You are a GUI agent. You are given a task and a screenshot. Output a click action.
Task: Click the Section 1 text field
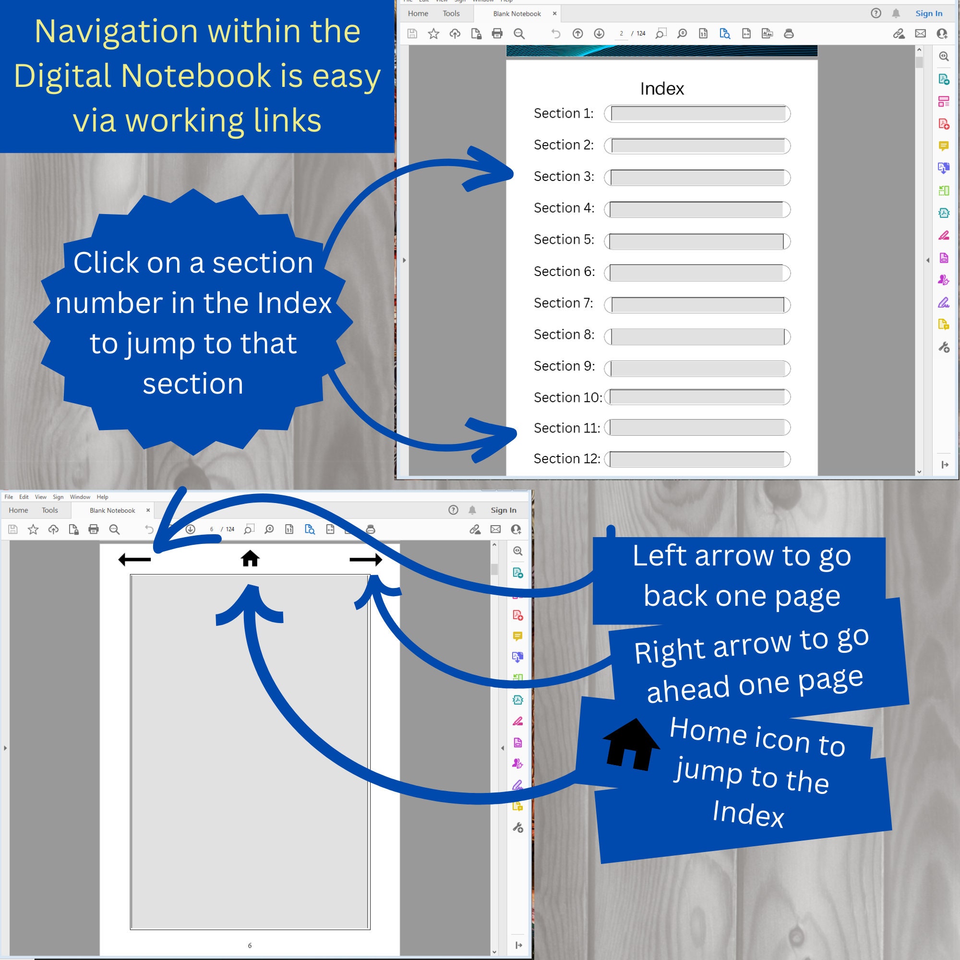pyautogui.click(x=697, y=114)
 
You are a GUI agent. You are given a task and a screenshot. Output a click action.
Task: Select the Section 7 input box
pyautogui.click(x=697, y=305)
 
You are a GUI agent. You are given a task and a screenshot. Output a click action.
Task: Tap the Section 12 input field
pyautogui.click(x=697, y=459)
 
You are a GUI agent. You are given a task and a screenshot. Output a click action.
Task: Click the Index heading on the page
pyautogui.click(x=662, y=89)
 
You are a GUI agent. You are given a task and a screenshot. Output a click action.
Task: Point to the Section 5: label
pyautogui.click(x=564, y=240)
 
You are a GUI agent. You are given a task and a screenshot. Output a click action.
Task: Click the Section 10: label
pyautogui.click(x=567, y=397)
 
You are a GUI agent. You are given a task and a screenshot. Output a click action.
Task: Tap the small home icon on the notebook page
pyautogui.click(x=250, y=559)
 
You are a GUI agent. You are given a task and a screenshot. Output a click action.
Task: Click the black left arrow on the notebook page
pyautogui.click(x=135, y=560)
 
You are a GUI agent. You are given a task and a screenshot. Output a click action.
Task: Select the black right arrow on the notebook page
pyautogui.click(x=366, y=560)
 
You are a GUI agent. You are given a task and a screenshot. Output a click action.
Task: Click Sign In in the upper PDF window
pyautogui.click(x=928, y=13)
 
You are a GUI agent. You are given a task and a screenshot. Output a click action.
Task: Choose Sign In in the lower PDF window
pyautogui.click(x=503, y=510)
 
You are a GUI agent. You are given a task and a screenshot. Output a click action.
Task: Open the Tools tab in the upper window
pyautogui.click(x=451, y=13)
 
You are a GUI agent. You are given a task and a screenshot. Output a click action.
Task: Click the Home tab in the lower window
pyautogui.click(x=18, y=510)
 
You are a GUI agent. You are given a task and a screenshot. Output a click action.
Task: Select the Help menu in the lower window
pyautogui.click(x=102, y=497)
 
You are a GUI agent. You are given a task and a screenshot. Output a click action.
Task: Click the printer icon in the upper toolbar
pyautogui.click(x=497, y=34)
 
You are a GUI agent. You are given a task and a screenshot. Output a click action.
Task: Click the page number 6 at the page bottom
pyautogui.click(x=250, y=945)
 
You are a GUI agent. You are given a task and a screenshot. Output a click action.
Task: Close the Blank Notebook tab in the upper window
pyautogui.click(x=554, y=13)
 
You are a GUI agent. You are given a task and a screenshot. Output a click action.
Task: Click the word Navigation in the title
pyautogui.click(x=116, y=31)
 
